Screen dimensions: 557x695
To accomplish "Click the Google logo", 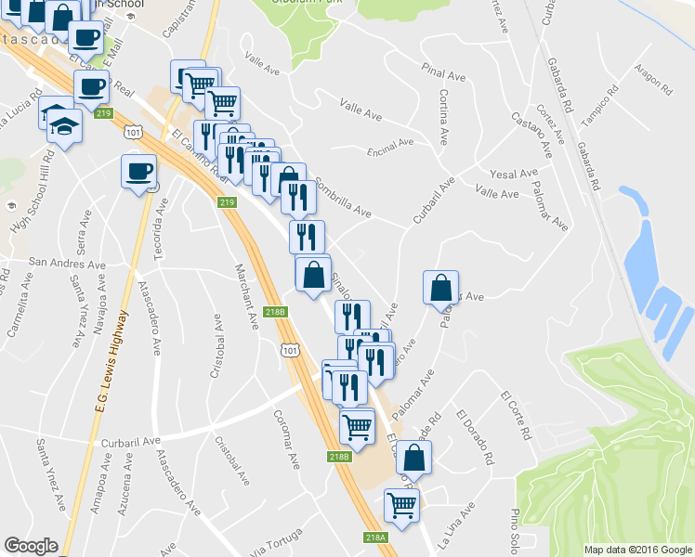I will [32, 546].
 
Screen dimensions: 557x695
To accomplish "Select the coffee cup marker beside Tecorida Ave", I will [138, 171].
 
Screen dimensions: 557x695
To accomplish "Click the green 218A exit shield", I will [375, 538].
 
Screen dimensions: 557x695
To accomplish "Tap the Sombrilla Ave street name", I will [343, 198].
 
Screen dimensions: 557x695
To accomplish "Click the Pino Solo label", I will [515, 528].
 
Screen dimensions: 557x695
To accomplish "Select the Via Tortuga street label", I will [277, 543].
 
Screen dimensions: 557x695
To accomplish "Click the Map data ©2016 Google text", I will [637, 550].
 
